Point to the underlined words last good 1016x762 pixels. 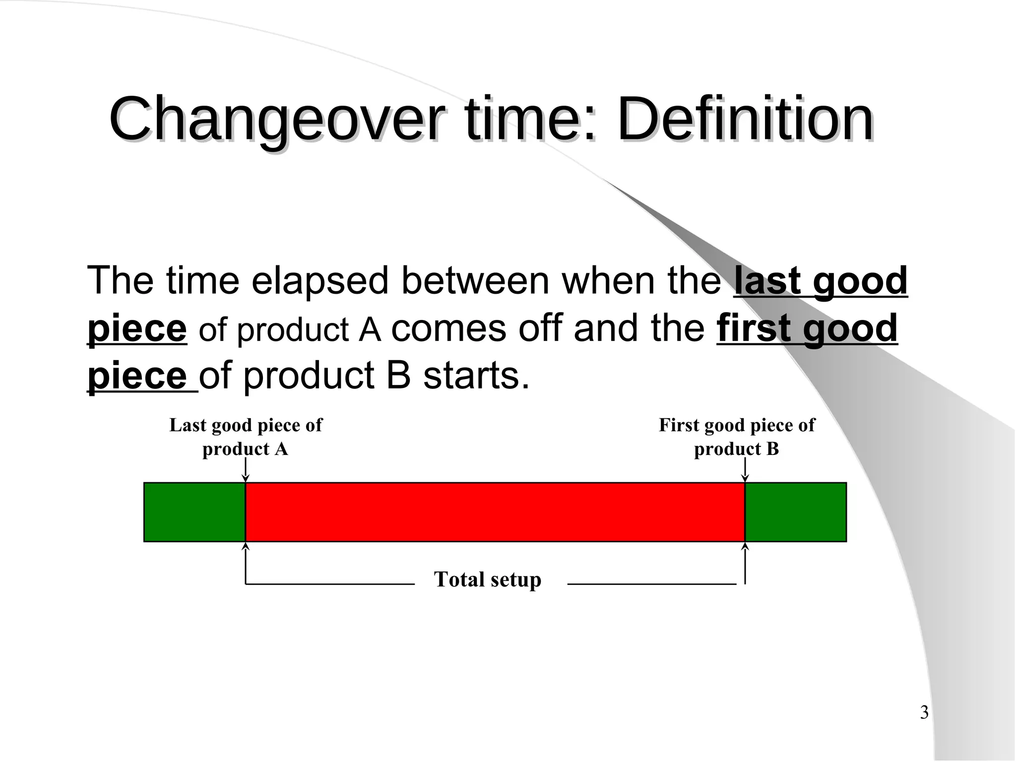coord(820,281)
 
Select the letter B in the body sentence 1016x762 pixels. coord(398,376)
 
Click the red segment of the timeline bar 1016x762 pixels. coord(495,512)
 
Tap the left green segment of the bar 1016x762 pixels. coord(194,512)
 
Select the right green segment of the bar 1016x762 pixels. coord(795,512)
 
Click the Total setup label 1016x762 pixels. coord(487,579)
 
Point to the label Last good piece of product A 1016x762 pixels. coord(246,437)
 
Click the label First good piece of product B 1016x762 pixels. coord(736,437)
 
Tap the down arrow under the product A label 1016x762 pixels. coord(245,470)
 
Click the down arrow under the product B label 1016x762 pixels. coord(745,470)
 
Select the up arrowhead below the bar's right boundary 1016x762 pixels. coord(745,547)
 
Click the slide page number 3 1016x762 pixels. coord(924,713)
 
